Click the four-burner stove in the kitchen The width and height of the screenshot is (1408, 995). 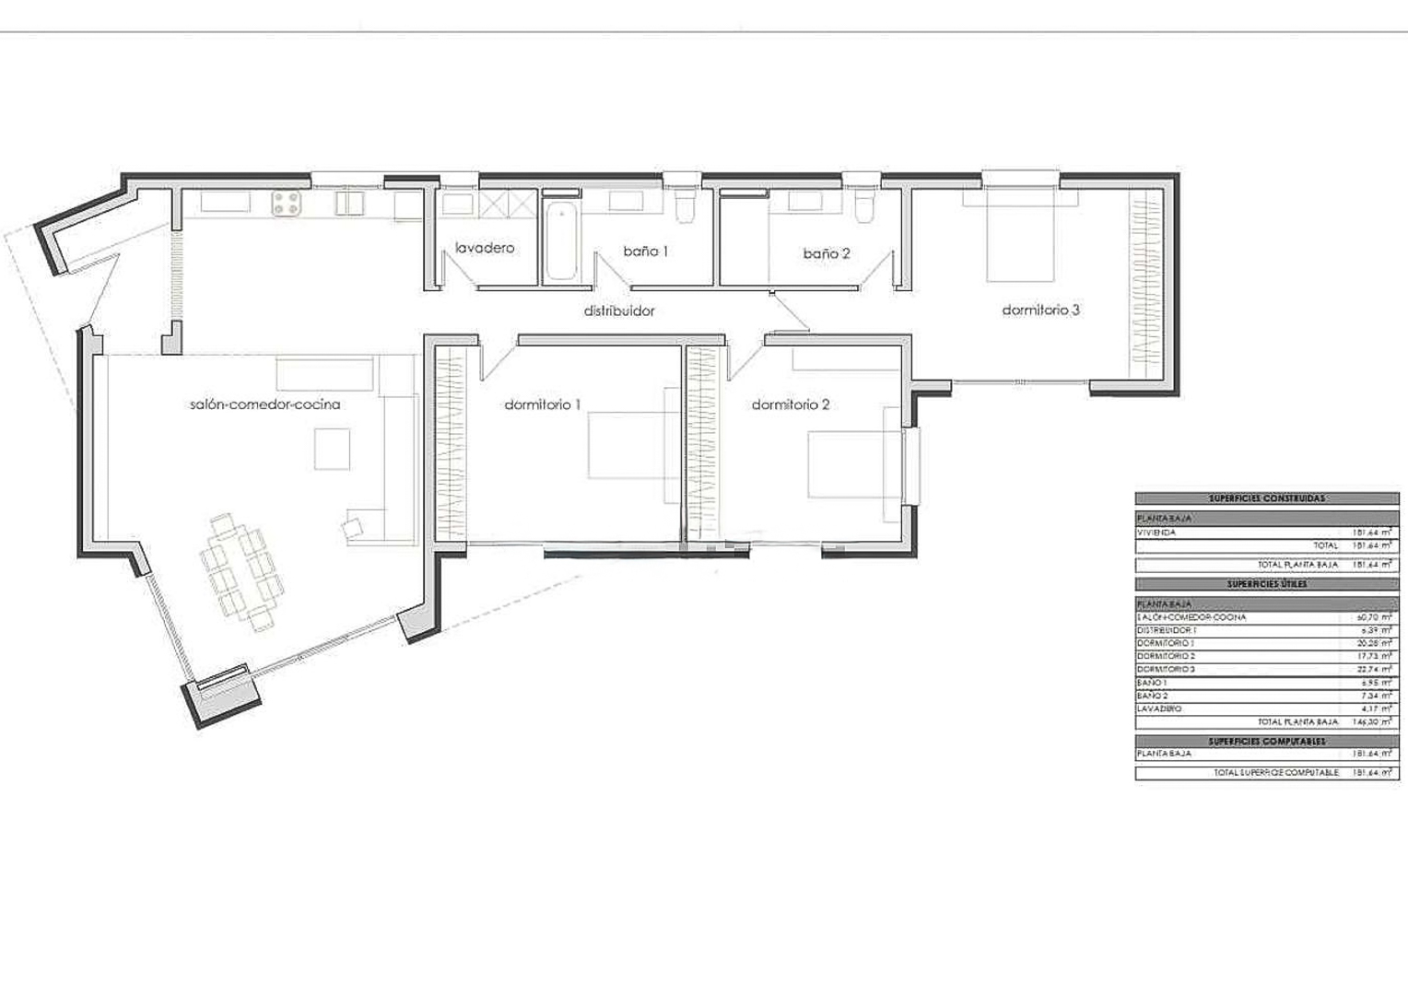click(287, 204)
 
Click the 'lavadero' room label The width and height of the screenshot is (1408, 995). click(485, 248)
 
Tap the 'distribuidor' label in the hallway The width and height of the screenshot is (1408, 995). click(619, 310)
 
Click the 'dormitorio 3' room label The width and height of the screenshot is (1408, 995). click(1040, 310)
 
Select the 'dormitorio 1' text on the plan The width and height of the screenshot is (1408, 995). click(543, 404)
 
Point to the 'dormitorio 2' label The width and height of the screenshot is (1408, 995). click(791, 404)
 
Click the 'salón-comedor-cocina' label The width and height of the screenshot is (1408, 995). click(264, 404)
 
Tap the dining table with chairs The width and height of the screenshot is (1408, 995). click(242, 572)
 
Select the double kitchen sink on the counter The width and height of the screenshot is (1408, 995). click(349, 203)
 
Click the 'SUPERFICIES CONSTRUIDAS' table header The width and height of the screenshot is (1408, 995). click(1266, 498)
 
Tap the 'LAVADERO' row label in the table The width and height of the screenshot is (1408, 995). click(1159, 709)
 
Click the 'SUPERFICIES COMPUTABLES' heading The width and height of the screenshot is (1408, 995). click(1266, 741)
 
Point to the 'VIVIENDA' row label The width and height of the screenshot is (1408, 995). click(1156, 533)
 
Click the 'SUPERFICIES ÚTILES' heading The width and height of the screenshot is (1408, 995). click(1266, 584)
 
